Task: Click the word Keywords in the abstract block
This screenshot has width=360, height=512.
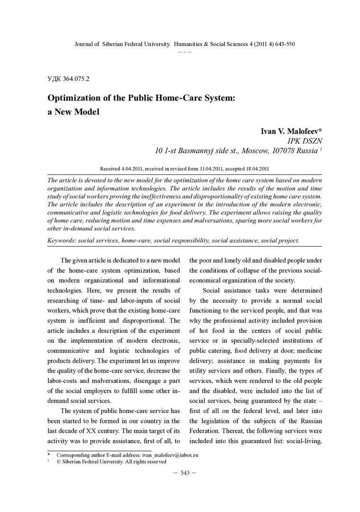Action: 62,240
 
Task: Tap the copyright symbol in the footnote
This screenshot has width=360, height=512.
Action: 59,461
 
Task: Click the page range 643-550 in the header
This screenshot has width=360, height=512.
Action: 283,44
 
